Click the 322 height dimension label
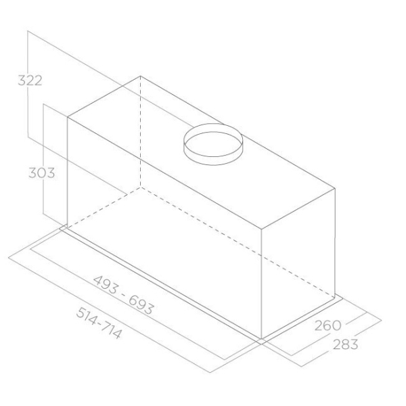coord(30,81)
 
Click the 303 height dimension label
coord(42,173)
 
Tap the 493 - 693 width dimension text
coord(123,294)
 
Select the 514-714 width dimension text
coord(99,323)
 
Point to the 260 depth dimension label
coord(328,325)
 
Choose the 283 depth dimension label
coord(345,344)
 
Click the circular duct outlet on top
coord(213,144)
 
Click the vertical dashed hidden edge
coord(141,131)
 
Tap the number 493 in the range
coord(106,285)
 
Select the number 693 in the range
coord(141,305)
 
